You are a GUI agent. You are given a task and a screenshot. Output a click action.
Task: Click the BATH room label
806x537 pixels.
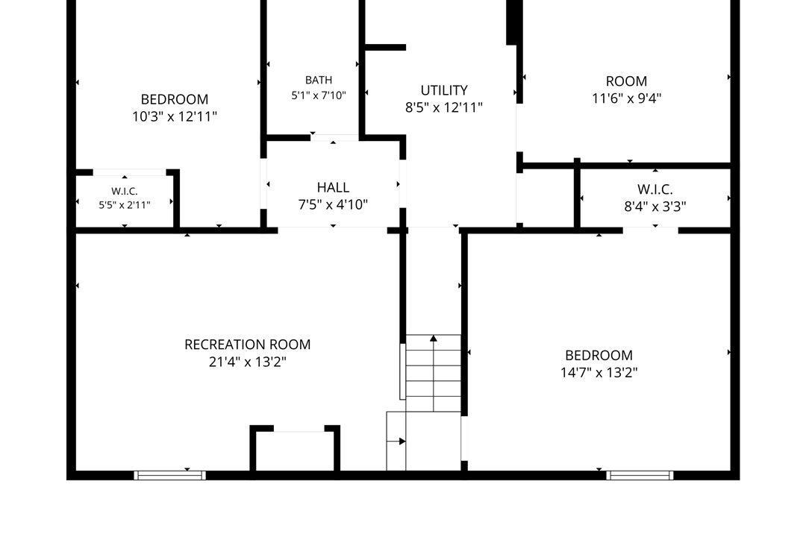tap(319, 80)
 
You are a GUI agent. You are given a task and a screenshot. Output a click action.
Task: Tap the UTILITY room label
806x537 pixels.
tap(444, 90)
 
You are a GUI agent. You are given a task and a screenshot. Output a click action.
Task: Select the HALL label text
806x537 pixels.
tap(333, 187)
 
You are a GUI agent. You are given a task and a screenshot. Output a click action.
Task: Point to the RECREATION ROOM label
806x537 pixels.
tap(248, 345)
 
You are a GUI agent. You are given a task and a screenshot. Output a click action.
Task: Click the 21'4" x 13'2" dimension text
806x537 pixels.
tap(248, 362)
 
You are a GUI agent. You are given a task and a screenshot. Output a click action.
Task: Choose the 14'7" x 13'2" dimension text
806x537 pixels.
tap(599, 372)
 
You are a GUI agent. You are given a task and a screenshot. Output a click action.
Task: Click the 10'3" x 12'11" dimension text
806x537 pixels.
tap(175, 116)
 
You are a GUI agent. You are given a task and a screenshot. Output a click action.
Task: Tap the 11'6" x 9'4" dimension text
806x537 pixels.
tap(627, 98)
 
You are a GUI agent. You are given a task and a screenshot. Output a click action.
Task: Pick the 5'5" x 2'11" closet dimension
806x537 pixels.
tap(125, 205)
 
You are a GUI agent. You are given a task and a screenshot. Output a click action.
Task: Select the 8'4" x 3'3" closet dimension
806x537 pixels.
tap(655, 207)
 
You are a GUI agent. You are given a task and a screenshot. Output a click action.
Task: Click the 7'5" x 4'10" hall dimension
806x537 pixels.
tap(333, 204)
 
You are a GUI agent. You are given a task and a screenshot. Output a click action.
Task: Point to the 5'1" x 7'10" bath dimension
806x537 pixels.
tap(319, 95)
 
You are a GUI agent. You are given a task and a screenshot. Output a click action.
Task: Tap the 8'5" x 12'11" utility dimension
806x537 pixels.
tap(444, 108)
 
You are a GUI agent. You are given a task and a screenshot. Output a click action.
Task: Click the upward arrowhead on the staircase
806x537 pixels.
tap(434, 338)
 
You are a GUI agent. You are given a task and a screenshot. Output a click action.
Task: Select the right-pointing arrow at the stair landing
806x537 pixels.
tap(396, 442)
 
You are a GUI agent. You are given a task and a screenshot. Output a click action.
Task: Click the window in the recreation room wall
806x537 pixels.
tap(170, 475)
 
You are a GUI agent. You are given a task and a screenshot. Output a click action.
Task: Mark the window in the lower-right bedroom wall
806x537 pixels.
tap(640, 475)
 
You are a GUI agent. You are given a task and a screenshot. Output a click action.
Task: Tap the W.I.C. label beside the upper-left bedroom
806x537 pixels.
tap(125, 192)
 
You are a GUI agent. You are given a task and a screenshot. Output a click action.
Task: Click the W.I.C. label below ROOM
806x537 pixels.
tap(655, 189)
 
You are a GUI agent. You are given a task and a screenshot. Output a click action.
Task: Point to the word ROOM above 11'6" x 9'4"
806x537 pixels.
tap(627, 81)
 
